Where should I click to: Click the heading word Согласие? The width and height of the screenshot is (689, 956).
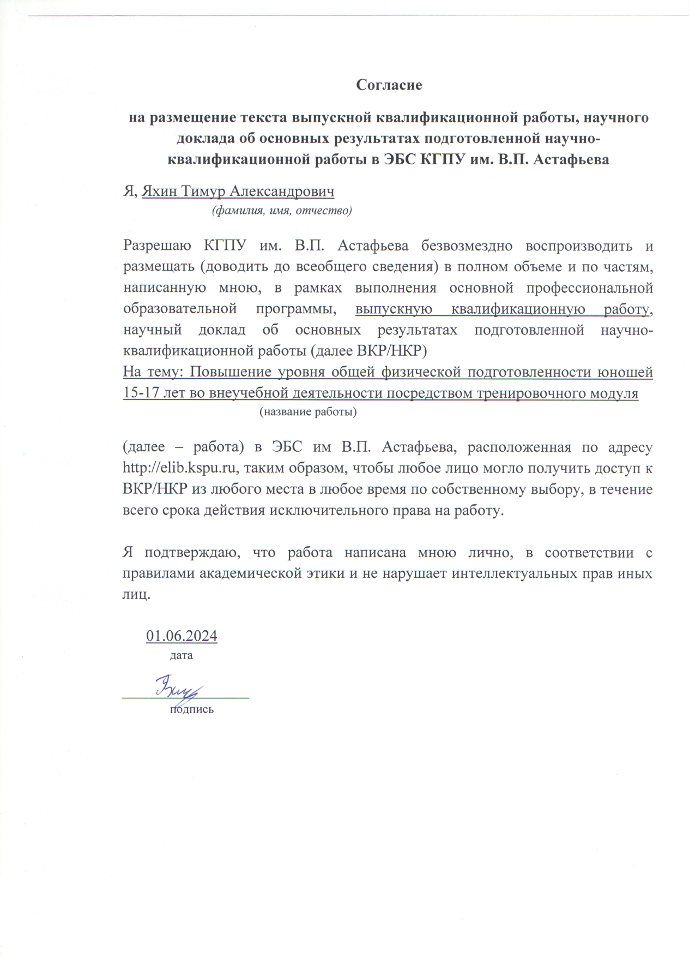[389, 85]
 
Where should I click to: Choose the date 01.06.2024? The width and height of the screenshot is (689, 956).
[182, 636]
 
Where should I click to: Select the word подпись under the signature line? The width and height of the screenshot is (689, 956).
[191, 709]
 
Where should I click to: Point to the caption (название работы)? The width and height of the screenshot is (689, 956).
[307, 412]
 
